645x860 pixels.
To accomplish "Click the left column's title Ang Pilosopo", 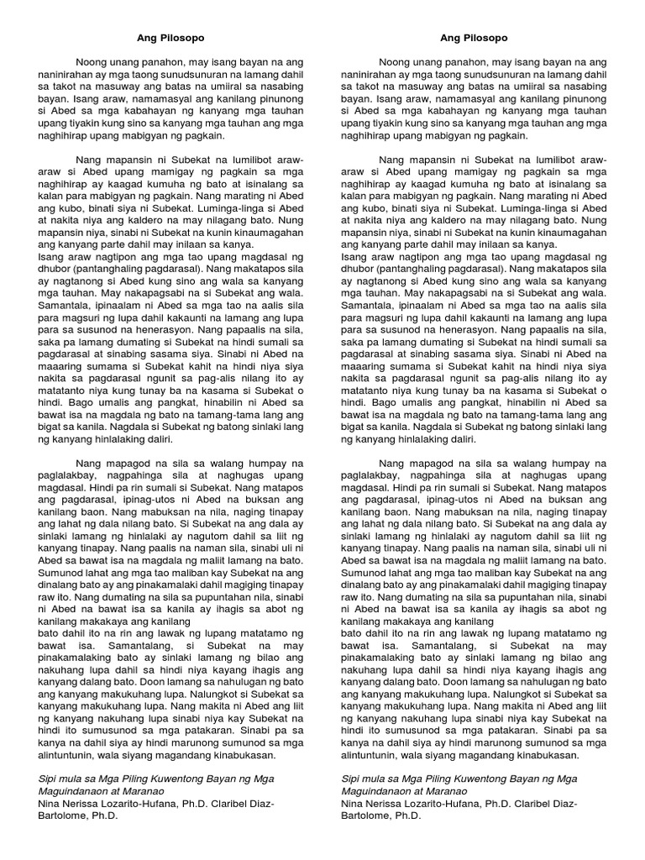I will coord(170,38).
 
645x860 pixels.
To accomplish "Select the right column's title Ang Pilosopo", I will coord(474,38).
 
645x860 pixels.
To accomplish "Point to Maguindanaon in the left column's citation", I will coord(75,791).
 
